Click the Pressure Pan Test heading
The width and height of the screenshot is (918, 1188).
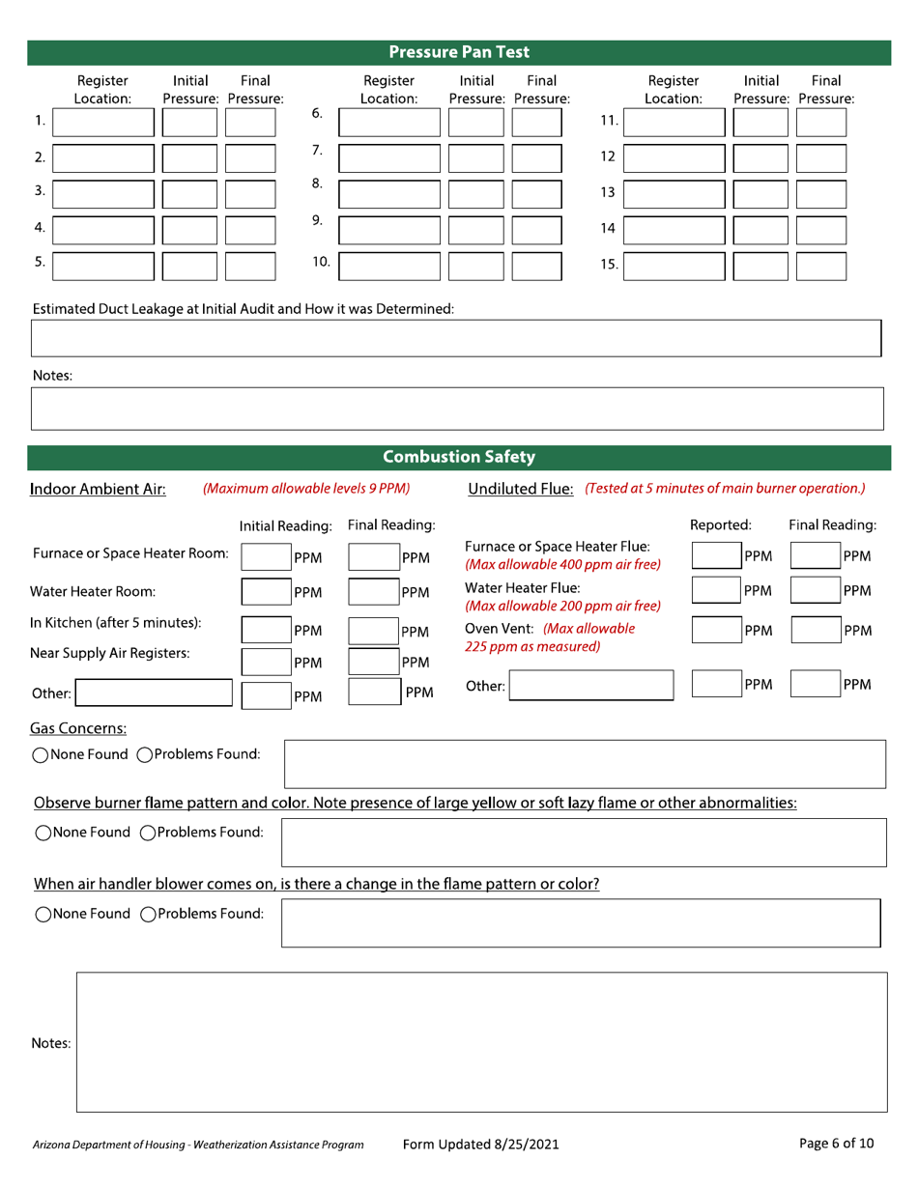point(459,52)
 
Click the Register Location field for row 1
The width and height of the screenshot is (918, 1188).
point(102,123)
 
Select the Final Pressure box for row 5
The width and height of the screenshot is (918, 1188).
point(250,266)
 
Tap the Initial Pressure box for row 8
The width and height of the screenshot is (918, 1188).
point(476,194)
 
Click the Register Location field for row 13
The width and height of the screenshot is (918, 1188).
point(674,194)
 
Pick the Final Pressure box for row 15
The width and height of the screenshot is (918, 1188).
point(820,266)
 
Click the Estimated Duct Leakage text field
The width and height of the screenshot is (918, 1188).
point(456,338)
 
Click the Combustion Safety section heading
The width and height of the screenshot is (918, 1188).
point(459,457)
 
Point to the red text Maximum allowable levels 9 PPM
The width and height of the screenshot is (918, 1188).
point(306,489)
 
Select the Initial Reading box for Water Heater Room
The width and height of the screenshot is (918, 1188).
point(265,592)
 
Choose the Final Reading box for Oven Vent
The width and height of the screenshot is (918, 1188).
point(816,630)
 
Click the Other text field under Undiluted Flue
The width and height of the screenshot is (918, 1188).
point(590,686)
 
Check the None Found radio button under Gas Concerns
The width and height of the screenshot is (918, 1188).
point(41,755)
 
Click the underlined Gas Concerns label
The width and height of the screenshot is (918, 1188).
point(79,727)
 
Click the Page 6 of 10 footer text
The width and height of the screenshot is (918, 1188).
point(837,1144)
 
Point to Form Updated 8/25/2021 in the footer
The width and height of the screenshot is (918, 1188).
point(480,1145)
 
